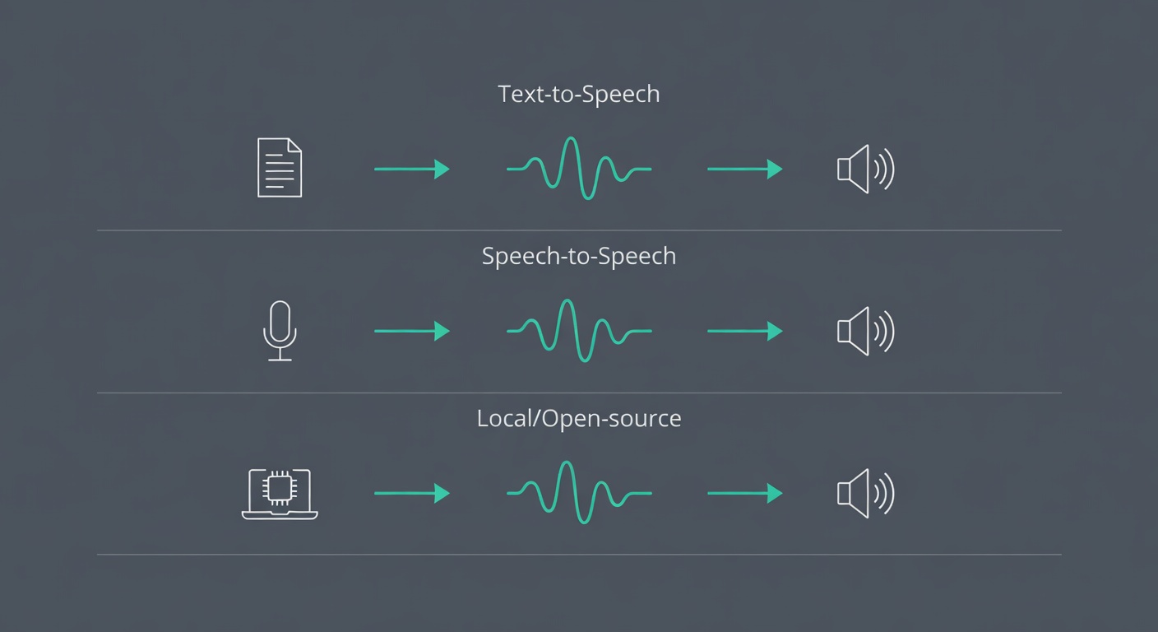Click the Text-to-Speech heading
(x=578, y=94)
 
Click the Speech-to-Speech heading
(x=578, y=256)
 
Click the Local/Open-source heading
(x=578, y=418)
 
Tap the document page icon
(x=280, y=168)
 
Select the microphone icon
(x=280, y=330)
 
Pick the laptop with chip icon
(x=280, y=494)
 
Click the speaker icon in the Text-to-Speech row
(x=864, y=169)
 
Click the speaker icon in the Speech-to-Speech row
(x=864, y=331)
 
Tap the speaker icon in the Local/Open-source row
(x=864, y=493)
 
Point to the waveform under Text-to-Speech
(x=579, y=169)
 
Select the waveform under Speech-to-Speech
(x=579, y=331)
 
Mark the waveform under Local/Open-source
(x=579, y=493)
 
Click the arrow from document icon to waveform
(x=411, y=169)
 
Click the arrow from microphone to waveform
(x=411, y=331)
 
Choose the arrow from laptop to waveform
(x=411, y=493)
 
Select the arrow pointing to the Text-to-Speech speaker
(x=744, y=169)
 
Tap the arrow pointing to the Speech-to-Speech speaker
(x=744, y=331)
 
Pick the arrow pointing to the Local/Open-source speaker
(x=744, y=493)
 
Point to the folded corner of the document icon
(x=295, y=145)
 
